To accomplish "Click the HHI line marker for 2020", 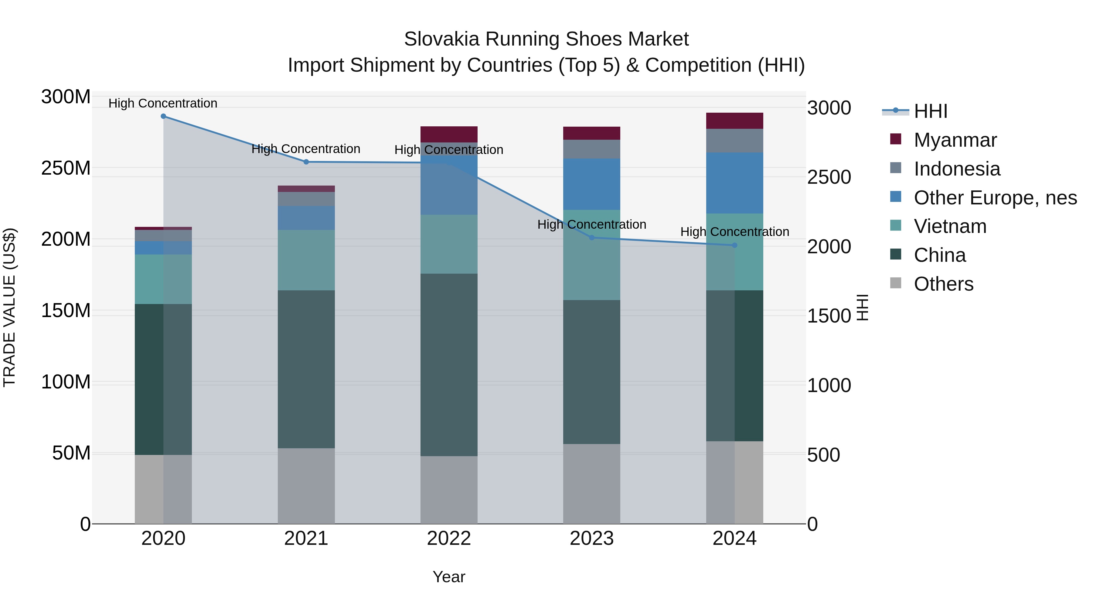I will (x=163, y=116).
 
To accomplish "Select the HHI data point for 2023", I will (x=592, y=238).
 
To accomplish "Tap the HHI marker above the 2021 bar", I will (x=306, y=162).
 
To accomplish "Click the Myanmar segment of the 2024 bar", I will (x=734, y=121).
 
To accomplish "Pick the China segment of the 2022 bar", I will (x=449, y=365).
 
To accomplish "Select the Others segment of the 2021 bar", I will (x=306, y=486).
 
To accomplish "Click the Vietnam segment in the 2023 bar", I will (x=592, y=255).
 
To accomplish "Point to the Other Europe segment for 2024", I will (x=734, y=183).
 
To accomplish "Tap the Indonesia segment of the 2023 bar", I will (x=592, y=149).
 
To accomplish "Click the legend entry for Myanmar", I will (x=955, y=140).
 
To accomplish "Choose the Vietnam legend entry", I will (x=950, y=226).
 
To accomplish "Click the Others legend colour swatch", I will (x=895, y=283).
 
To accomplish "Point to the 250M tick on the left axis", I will (x=66, y=169).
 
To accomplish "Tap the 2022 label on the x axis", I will (x=449, y=538).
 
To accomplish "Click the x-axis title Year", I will (x=449, y=577).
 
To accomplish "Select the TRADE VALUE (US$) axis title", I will (x=9, y=307).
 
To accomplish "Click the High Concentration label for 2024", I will (x=734, y=232).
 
